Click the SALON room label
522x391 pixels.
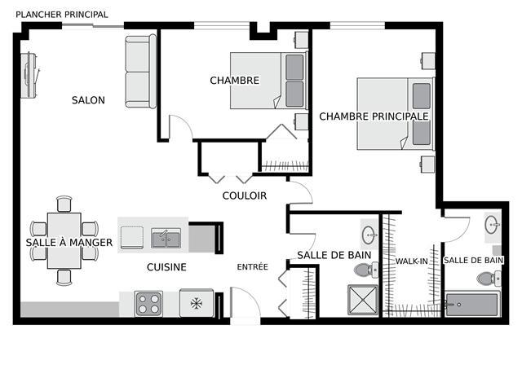88,100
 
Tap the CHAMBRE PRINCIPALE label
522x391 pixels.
374,116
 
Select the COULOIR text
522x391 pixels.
245,195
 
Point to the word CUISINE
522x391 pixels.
166,267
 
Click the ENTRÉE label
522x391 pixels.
252,266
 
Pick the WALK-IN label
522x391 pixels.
411,261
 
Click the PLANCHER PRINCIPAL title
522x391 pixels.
62,15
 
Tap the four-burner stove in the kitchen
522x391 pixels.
148,304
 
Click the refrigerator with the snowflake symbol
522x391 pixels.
197,303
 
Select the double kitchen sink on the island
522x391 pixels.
166,238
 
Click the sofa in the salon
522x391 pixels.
140,72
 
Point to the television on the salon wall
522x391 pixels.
30,75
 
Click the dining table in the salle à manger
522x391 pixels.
64,240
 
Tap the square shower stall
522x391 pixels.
362,300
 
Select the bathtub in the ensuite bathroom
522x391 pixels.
472,304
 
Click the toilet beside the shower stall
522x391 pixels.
366,270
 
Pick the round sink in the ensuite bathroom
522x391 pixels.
492,225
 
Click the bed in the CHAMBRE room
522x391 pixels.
268,80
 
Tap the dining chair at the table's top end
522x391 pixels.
64,204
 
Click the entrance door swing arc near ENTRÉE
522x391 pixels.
251,296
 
